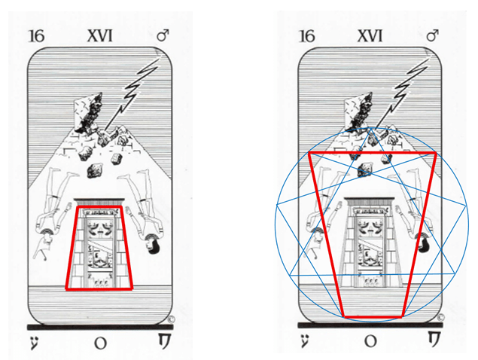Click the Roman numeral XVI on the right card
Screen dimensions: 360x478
click(x=370, y=35)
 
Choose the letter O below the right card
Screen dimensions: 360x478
click(x=370, y=341)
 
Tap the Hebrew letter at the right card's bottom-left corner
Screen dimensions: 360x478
click(x=306, y=341)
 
